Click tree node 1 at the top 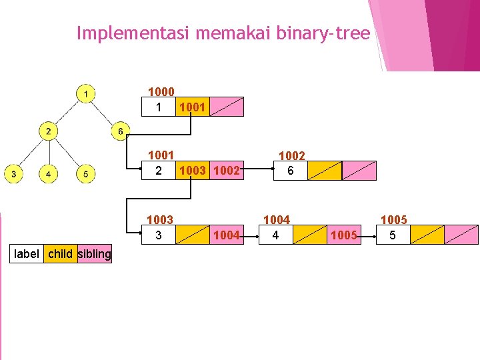pos(85,93)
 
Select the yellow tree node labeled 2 pos(48,131)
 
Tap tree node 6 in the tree pos(120,131)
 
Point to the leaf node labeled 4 pos(48,175)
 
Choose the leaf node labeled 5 pos(85,175)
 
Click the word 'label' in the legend pos(26,254)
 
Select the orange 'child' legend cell pos(61,254)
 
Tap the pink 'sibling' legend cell pos(95,254)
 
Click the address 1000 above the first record pos(161,92)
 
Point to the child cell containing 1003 pos(192,171)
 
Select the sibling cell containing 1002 pos(227,171)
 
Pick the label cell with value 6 pos(291,171)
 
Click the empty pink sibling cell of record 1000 pos(227,107)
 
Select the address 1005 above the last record pos(393,220)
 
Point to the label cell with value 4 pos(276,235)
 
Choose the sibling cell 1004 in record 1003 pos(227,235)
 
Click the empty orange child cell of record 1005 pos(427,235)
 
